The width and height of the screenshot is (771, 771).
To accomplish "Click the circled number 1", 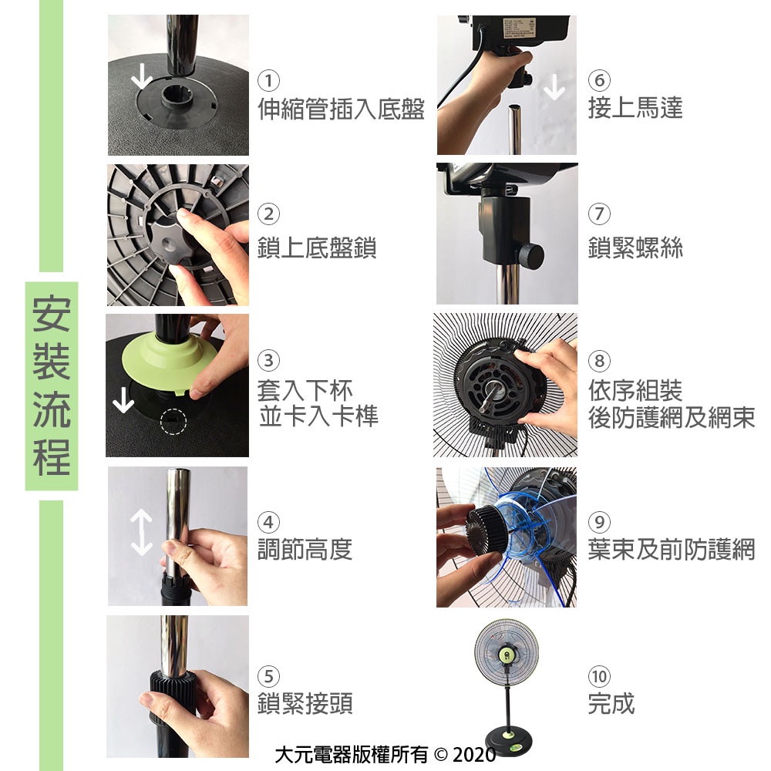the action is point(268,80).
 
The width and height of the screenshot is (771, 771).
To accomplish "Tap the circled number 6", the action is point(599,80).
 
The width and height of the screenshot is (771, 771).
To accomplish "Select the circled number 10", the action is point(599,676).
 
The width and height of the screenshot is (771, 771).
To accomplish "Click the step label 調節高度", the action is point(305,549).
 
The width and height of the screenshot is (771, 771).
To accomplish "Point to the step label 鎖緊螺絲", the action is point(635,247).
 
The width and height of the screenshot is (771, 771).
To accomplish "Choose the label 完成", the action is point(611,703).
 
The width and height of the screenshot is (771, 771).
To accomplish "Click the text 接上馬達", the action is point(635,108).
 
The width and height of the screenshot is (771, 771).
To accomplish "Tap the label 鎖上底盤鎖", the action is point(317,247).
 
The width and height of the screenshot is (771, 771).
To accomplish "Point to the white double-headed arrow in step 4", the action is point(142,533).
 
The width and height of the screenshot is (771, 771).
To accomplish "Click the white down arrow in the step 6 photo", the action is point(554,87).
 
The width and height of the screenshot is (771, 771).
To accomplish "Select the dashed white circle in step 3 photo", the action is point(173,422).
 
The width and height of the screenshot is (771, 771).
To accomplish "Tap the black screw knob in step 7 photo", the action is point(531,254).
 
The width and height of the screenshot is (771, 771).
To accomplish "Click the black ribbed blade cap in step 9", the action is point(487,529).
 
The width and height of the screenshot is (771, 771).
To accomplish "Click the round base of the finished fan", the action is point(508,740).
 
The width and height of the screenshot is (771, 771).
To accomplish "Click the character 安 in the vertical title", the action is point(52,314).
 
